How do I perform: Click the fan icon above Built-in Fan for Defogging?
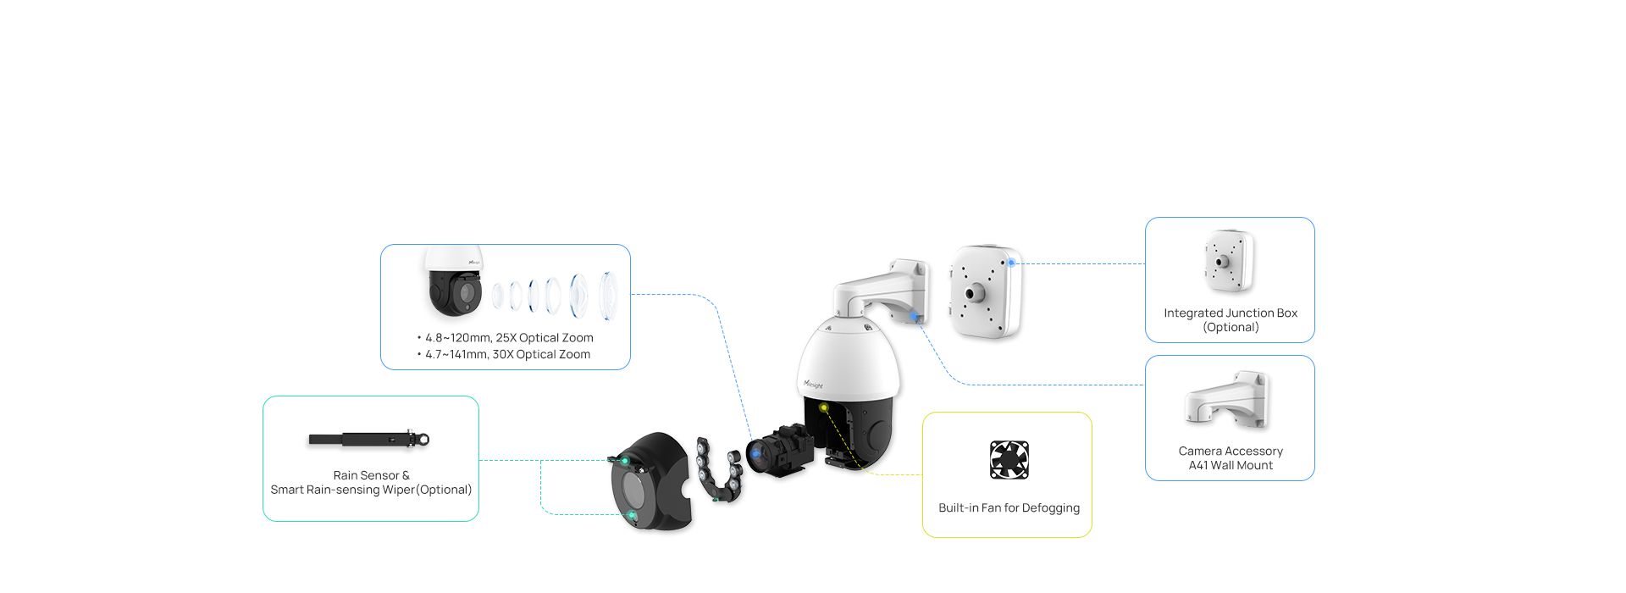(1009, 460)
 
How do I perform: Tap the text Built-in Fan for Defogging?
(1009, 507)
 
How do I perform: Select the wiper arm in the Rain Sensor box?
(369, 439)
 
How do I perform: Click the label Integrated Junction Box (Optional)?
(1231, 319)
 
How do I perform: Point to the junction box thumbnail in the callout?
(1229, 262)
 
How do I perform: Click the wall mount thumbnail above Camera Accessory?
(1227, 399)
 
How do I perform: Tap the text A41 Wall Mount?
(1231, 465)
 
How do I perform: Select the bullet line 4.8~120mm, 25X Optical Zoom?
(506, 337)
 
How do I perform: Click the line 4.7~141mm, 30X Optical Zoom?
(504, 354)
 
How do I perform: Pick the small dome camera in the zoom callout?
(455, 281)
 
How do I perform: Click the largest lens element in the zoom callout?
(608, 296)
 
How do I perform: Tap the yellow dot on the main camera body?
(823, 407)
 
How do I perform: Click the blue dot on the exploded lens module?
(755, 453)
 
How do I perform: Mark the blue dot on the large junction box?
(1011, 263)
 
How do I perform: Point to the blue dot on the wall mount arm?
(915, 317)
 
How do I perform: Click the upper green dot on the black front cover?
(625, 462)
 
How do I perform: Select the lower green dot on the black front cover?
(632, 515)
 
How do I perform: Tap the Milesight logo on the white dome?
(813, 385)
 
